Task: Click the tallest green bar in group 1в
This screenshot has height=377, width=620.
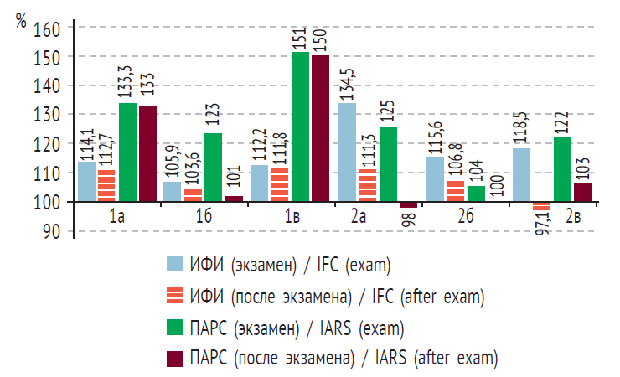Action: coord(300,126)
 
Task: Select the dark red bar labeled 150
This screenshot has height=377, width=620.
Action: coord(320,127)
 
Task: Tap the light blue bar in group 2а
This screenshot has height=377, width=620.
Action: coord(346,152)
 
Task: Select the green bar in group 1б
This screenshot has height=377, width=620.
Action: coord(214,167)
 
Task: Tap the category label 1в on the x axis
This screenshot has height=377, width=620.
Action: coord(291,217)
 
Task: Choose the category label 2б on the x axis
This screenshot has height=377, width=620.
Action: coord(464,217)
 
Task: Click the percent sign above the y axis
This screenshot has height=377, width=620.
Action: coord(21,21)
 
